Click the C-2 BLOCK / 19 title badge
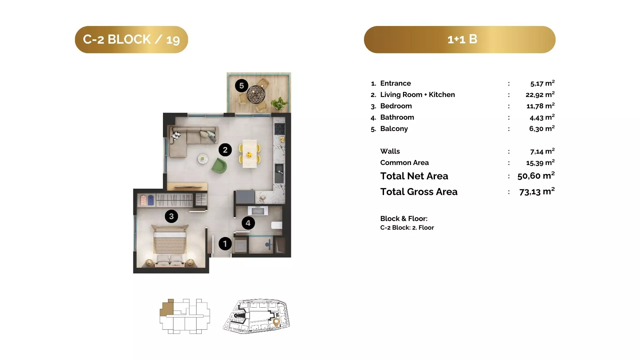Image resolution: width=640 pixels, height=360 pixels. tap(131, 40)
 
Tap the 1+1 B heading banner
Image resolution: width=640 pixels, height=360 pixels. tap(460, 40)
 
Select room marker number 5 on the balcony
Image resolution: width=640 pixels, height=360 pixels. tap(242, 86)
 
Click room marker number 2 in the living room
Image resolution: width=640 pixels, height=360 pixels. tap(225, 150)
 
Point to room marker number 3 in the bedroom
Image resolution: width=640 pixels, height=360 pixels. tap(171, 216)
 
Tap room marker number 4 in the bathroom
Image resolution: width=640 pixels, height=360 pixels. tap(248, 223)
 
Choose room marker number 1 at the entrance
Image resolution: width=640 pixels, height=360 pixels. tap(225, 244)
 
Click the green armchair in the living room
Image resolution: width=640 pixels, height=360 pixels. tap(219, 166)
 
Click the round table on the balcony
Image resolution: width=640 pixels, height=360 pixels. tap(256, 95)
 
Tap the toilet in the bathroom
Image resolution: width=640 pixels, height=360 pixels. tap(277, 225)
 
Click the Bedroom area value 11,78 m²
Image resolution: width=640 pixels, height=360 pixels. tap(540, 106)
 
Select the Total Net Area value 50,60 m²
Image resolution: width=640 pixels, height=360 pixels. tap(536, 176)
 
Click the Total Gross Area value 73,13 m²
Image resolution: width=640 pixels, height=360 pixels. tap(537, 191)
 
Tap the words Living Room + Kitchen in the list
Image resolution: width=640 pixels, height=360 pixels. tap(417, 95)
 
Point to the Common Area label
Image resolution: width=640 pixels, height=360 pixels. tap(404, 163)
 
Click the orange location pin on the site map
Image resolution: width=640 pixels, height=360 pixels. tap(276, 322)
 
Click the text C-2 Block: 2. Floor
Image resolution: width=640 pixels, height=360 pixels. tap(407, 228)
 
